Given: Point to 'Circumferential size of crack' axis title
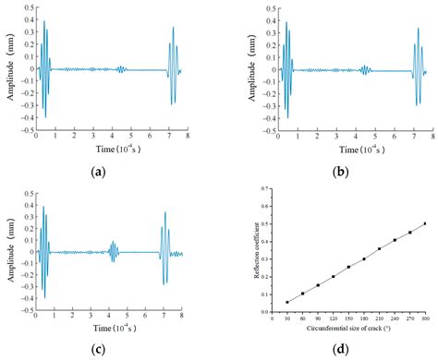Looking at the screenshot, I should [348, 328].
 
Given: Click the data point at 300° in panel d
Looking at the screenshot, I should [425, 223].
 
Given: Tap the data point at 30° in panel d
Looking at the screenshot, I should [287, 302].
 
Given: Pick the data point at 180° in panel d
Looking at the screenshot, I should [364, 259].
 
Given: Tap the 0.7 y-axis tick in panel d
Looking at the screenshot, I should [265, 187].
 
